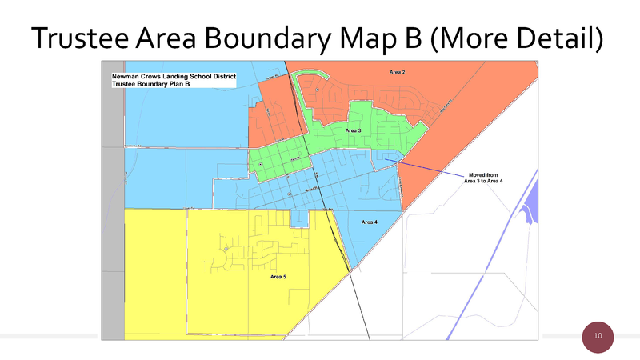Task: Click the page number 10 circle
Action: click(597, 336)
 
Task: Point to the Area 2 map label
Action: click(397, 73)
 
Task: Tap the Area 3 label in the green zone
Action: click(353, 130)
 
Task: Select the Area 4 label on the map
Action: click(369, 222)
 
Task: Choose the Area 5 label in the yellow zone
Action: click(278, 277)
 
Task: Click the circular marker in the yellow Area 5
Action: click(226, 250)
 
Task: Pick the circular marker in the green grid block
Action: click(260, 165)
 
